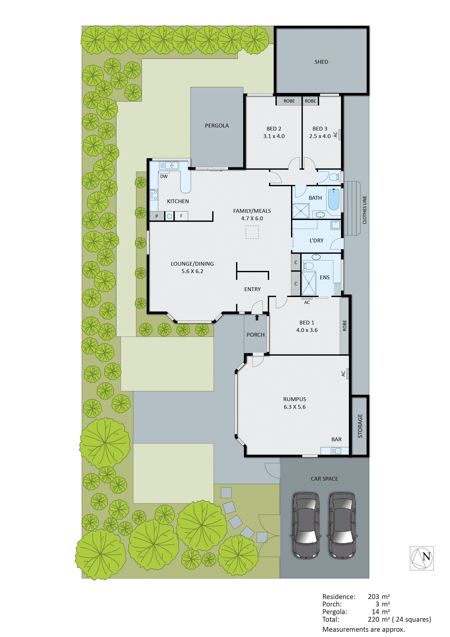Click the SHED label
tap(321, 62)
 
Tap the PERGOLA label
tap(217, 126)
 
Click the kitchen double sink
tap(169, 166)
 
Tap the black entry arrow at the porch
tap(257, 317)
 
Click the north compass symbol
tap(422, 558)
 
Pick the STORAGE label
tap(360, 426)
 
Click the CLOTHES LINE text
tap(364, 210)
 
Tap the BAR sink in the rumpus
tap(336, 451)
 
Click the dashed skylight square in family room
tap(252, 232)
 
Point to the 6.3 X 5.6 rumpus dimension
tap(295, 407)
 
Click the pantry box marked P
tap(157, 216)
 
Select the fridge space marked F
tap(181, 216)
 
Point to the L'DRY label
tap(317, 241)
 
